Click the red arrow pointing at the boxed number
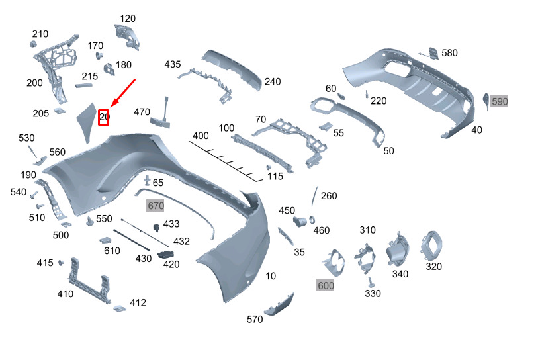[x=123, y=93]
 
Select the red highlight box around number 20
[x=104, y=117]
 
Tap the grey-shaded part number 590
[x=499, y=101]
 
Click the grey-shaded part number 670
[x=156, y=206]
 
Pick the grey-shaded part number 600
[x=326, y=285]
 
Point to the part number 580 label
[x=449, y=53]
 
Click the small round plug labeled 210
[x=33, y=44]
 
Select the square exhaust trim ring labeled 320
[x=431, y=246]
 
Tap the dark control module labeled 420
[x=165, y=255]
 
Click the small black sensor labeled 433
[x=156, y=228]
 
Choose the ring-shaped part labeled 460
[x=312, y=220]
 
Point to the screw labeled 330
[x=370, y=282]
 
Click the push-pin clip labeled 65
[x=148, y=180]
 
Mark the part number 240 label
[x=273, y=81]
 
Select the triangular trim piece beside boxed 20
[x=87, y=122]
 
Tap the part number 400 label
[x=201, y=136]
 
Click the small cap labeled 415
[x=61, y=263]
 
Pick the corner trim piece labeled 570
[x=279, y=305]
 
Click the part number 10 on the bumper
[x=271, y=276]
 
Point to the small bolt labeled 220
[x=367, y=94]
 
